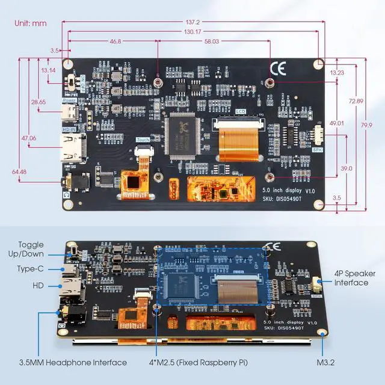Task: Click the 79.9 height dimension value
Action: (366, 125)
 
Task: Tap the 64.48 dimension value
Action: (20, 172)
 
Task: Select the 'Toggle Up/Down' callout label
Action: (31, 250)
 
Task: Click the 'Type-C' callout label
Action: (29, 269)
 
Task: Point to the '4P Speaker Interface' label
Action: (351, 277)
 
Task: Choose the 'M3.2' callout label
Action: (326, 362)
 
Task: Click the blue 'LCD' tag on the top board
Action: (241, 111)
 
